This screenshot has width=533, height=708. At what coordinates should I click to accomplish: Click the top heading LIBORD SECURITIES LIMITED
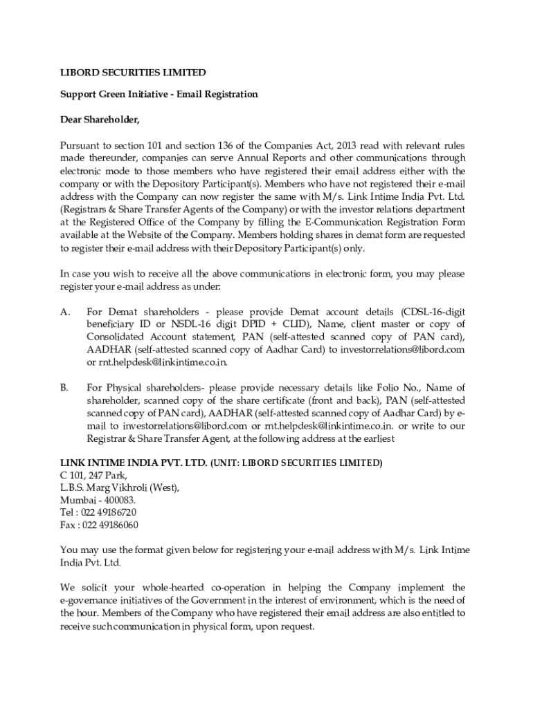pyautogui.click(x=133, y=72)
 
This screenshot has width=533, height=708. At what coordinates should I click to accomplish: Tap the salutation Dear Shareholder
pyautogui.click(x=100, y=120)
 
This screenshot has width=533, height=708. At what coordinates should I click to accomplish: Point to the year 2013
pyautogui.click(x=323, y=145)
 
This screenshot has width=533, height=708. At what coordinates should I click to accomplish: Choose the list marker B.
pyautogui.click(x=64, y=387)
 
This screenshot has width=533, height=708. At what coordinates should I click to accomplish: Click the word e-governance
pyautogui.click(x=92, y=601)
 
